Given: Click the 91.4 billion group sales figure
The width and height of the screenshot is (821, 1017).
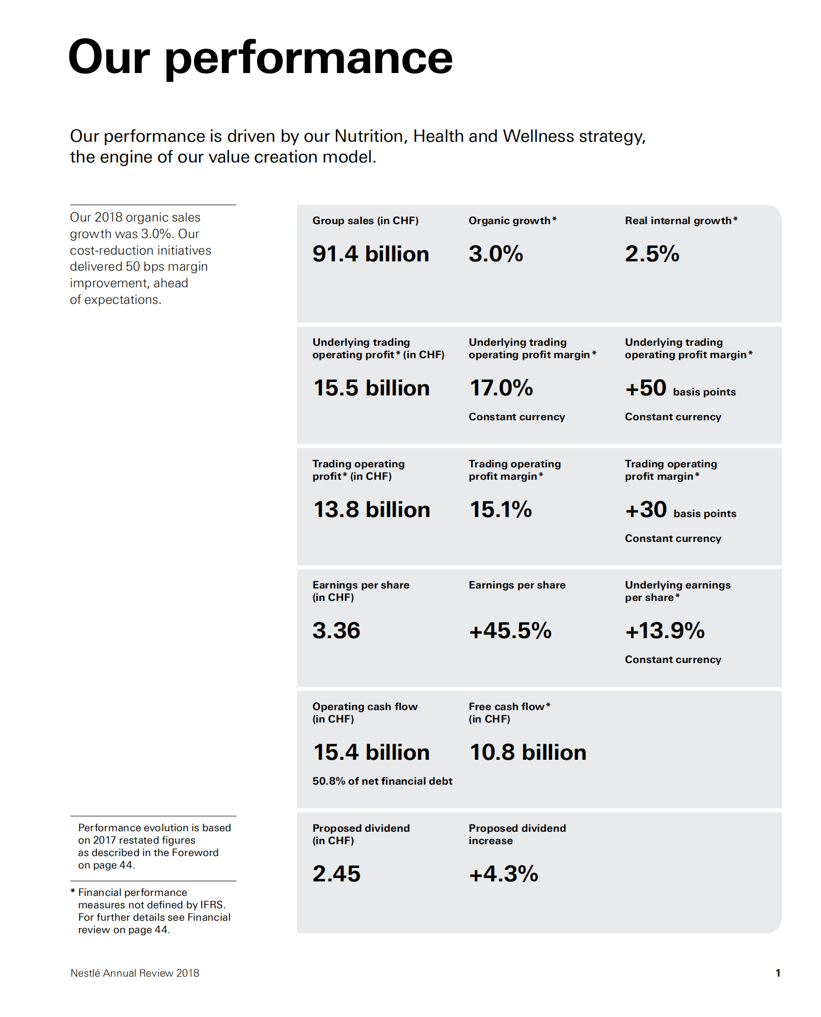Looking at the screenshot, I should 370,254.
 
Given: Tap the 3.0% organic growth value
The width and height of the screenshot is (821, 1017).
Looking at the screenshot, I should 496,254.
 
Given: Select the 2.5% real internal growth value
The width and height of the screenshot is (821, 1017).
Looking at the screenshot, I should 652,254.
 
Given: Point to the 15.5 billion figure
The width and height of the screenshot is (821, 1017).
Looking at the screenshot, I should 371,388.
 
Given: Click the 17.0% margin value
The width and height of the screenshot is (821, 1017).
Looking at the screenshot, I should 501,388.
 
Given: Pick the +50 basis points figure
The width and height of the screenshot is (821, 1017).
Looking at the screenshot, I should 680,389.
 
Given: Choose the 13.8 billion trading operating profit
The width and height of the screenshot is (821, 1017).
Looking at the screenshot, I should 371,510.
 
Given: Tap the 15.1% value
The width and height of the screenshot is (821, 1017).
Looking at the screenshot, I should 500,510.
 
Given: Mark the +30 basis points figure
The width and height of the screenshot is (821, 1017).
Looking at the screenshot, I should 680,510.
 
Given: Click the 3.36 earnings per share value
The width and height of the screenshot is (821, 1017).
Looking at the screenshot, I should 336,631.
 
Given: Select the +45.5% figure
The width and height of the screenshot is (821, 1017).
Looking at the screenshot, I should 510,631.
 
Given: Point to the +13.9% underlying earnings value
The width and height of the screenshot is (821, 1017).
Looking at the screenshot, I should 665,631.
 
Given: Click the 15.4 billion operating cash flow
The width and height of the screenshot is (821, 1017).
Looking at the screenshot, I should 371,753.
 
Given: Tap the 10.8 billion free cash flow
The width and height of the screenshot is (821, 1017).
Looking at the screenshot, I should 528,753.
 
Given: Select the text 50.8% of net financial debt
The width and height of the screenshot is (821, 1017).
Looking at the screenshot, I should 382,781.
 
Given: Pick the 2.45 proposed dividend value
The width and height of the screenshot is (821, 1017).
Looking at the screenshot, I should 336,874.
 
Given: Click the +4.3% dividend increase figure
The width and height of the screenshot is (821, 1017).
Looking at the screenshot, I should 503,874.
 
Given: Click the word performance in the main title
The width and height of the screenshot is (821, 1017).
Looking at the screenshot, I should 308,58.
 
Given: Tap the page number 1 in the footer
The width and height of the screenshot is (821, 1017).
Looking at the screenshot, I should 778,973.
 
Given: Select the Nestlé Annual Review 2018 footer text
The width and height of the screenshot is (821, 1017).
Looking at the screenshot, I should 135,973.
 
